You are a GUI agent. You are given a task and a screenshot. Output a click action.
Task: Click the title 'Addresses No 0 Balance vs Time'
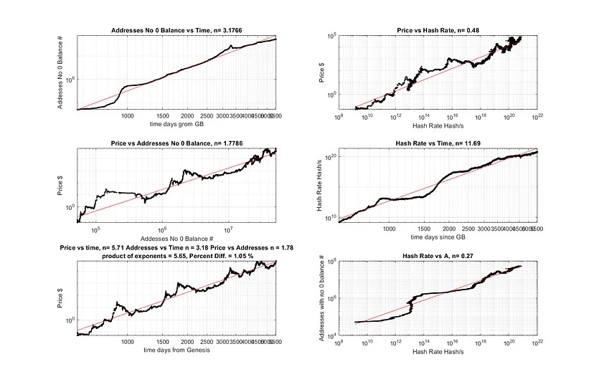(176, 30)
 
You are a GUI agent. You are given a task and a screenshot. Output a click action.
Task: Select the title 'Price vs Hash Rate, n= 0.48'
(438, 30)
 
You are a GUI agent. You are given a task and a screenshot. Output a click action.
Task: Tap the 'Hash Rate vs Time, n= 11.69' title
(438, 143)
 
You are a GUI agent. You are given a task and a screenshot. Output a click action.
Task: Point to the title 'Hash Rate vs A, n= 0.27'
(438, 256)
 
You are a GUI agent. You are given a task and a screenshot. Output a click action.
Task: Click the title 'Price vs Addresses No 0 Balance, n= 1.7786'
(176, 143)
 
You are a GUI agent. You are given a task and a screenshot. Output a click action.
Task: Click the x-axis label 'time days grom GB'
(176, 122)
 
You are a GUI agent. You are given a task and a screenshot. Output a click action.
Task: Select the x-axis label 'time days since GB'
(438, 235)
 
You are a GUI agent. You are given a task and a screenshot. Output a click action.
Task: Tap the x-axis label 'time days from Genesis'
(176, 350)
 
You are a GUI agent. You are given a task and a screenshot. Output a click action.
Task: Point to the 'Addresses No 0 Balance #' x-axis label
(176, 237)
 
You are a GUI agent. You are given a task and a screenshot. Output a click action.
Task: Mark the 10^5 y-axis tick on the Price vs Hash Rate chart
(333, 36)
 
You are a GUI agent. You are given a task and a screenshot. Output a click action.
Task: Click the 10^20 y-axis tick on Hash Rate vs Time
(332, 156)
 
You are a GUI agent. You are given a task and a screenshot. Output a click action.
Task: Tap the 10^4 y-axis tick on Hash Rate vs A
(333, 335)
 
